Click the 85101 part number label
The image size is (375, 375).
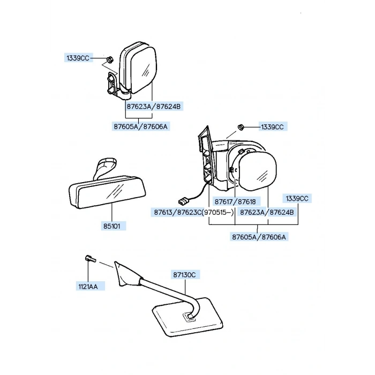tap(112, 226)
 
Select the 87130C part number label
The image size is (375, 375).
tap(185, 275)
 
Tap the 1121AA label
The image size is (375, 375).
tap(88, 287)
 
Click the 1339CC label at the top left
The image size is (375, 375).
tap(78, 58)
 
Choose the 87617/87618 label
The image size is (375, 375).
tap(235, 202)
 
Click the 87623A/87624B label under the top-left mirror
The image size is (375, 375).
tap(154, 107)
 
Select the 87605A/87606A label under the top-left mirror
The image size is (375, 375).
tap(141, 126)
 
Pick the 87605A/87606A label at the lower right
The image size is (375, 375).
tap(259, 236)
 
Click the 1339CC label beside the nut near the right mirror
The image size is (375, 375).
tap(272, 127)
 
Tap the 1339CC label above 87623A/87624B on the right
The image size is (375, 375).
tap(297, 198)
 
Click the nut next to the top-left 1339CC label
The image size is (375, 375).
tap(109, 59)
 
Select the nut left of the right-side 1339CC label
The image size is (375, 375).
tap(241, 127)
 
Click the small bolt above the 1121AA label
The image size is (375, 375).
tap(89, 260)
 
